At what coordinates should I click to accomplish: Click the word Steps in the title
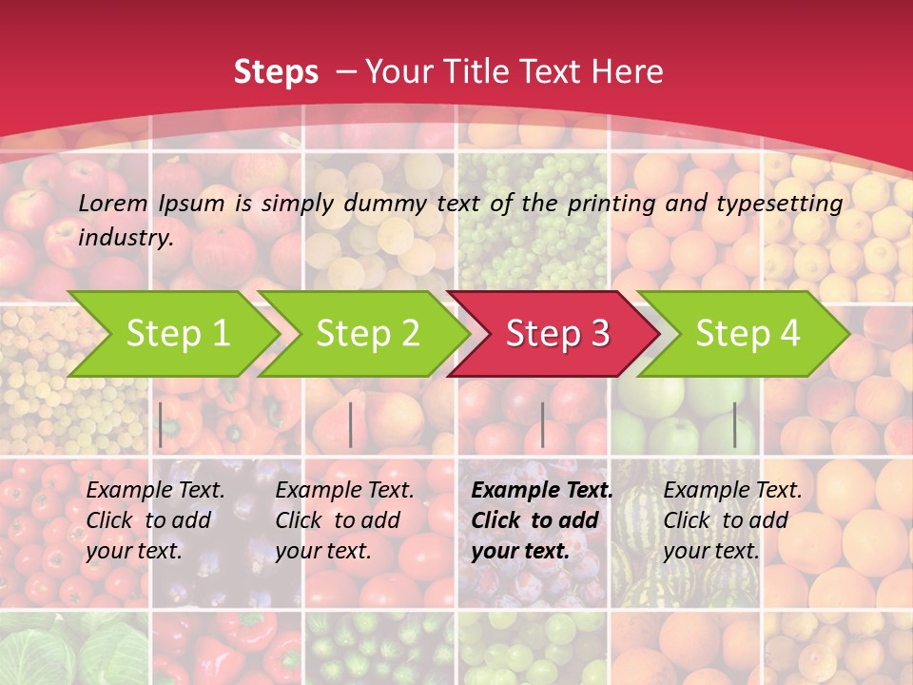(276, 72)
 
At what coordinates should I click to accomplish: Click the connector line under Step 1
(161, 424)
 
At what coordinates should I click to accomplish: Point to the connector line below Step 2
(351, 424)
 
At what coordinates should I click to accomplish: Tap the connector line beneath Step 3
(542, 424)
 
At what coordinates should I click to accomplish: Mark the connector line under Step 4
(734, 424)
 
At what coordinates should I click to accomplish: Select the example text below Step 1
(155, 520)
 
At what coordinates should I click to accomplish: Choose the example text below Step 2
(344, 520)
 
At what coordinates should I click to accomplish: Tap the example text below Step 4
(732, 520)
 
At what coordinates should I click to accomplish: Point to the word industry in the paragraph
(126, 238)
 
